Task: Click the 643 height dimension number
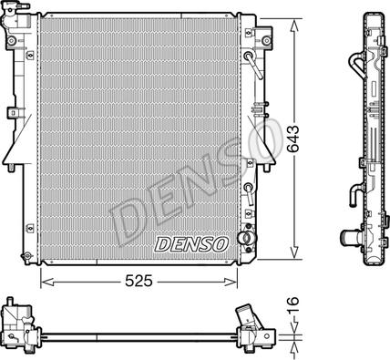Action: [x=293, y=139]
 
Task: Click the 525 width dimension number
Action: [x=139, y=281]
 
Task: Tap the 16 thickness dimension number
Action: [x=293, y=305]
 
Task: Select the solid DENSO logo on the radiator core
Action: [x=191, y=244]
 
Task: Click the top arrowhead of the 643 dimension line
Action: [x=294, y=26]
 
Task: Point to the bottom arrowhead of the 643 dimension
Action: [x=294, y=252]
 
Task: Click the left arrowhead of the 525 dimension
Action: [x=47, y=282]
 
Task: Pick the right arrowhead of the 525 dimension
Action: [x=231, y=282]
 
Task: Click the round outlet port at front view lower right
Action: [x=244, y=238]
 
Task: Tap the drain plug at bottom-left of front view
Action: [x=26, y=257]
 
